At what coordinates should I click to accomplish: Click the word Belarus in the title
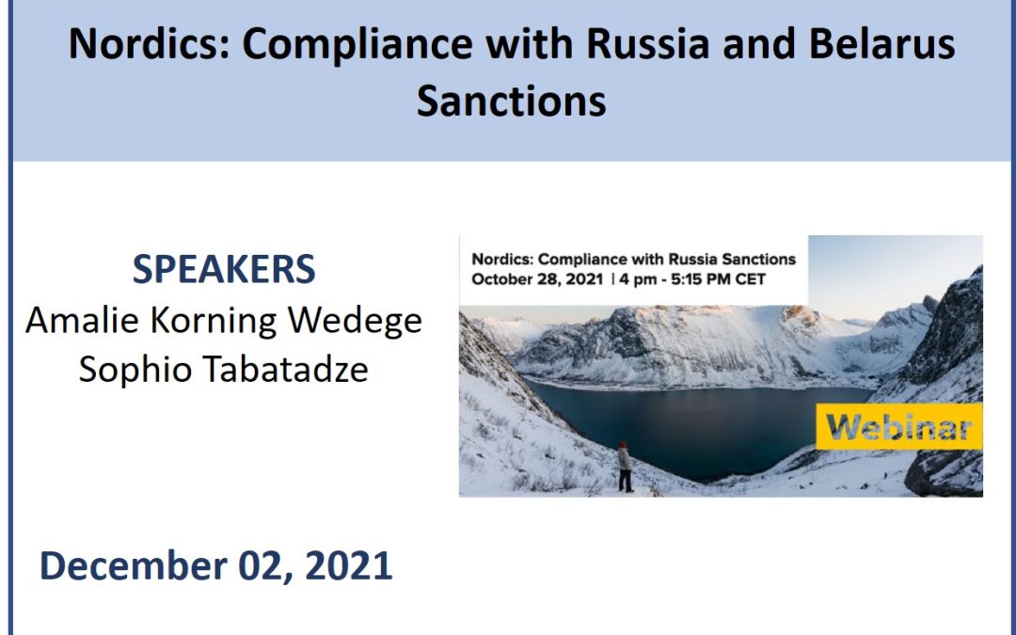(x=881, y=43)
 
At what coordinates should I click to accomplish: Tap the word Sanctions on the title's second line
(x=511, y=101)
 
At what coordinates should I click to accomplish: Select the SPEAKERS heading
(x=224, y=269)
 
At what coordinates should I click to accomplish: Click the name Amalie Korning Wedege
(x=224, y=320)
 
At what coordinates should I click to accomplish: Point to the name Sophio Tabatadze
(x=224, y=370)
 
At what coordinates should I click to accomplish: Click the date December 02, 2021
(x=215, y=565)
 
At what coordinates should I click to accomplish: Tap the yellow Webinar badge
(x=898, y=426)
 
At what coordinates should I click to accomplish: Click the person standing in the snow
(x=625, y=468)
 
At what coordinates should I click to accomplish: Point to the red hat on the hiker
(x=624, y=445)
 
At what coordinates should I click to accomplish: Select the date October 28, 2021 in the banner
(x=537, y=279)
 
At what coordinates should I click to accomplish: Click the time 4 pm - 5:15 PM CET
(x=692, y=279)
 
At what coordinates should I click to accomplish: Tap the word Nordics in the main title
(x=149, y=43)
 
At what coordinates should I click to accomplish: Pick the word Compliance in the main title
(x=357, y=45)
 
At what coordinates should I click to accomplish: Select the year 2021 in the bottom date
(x=349, y=565)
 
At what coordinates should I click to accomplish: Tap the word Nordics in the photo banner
(x=501, y=260)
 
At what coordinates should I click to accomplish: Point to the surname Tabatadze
(x=286, y=370)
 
